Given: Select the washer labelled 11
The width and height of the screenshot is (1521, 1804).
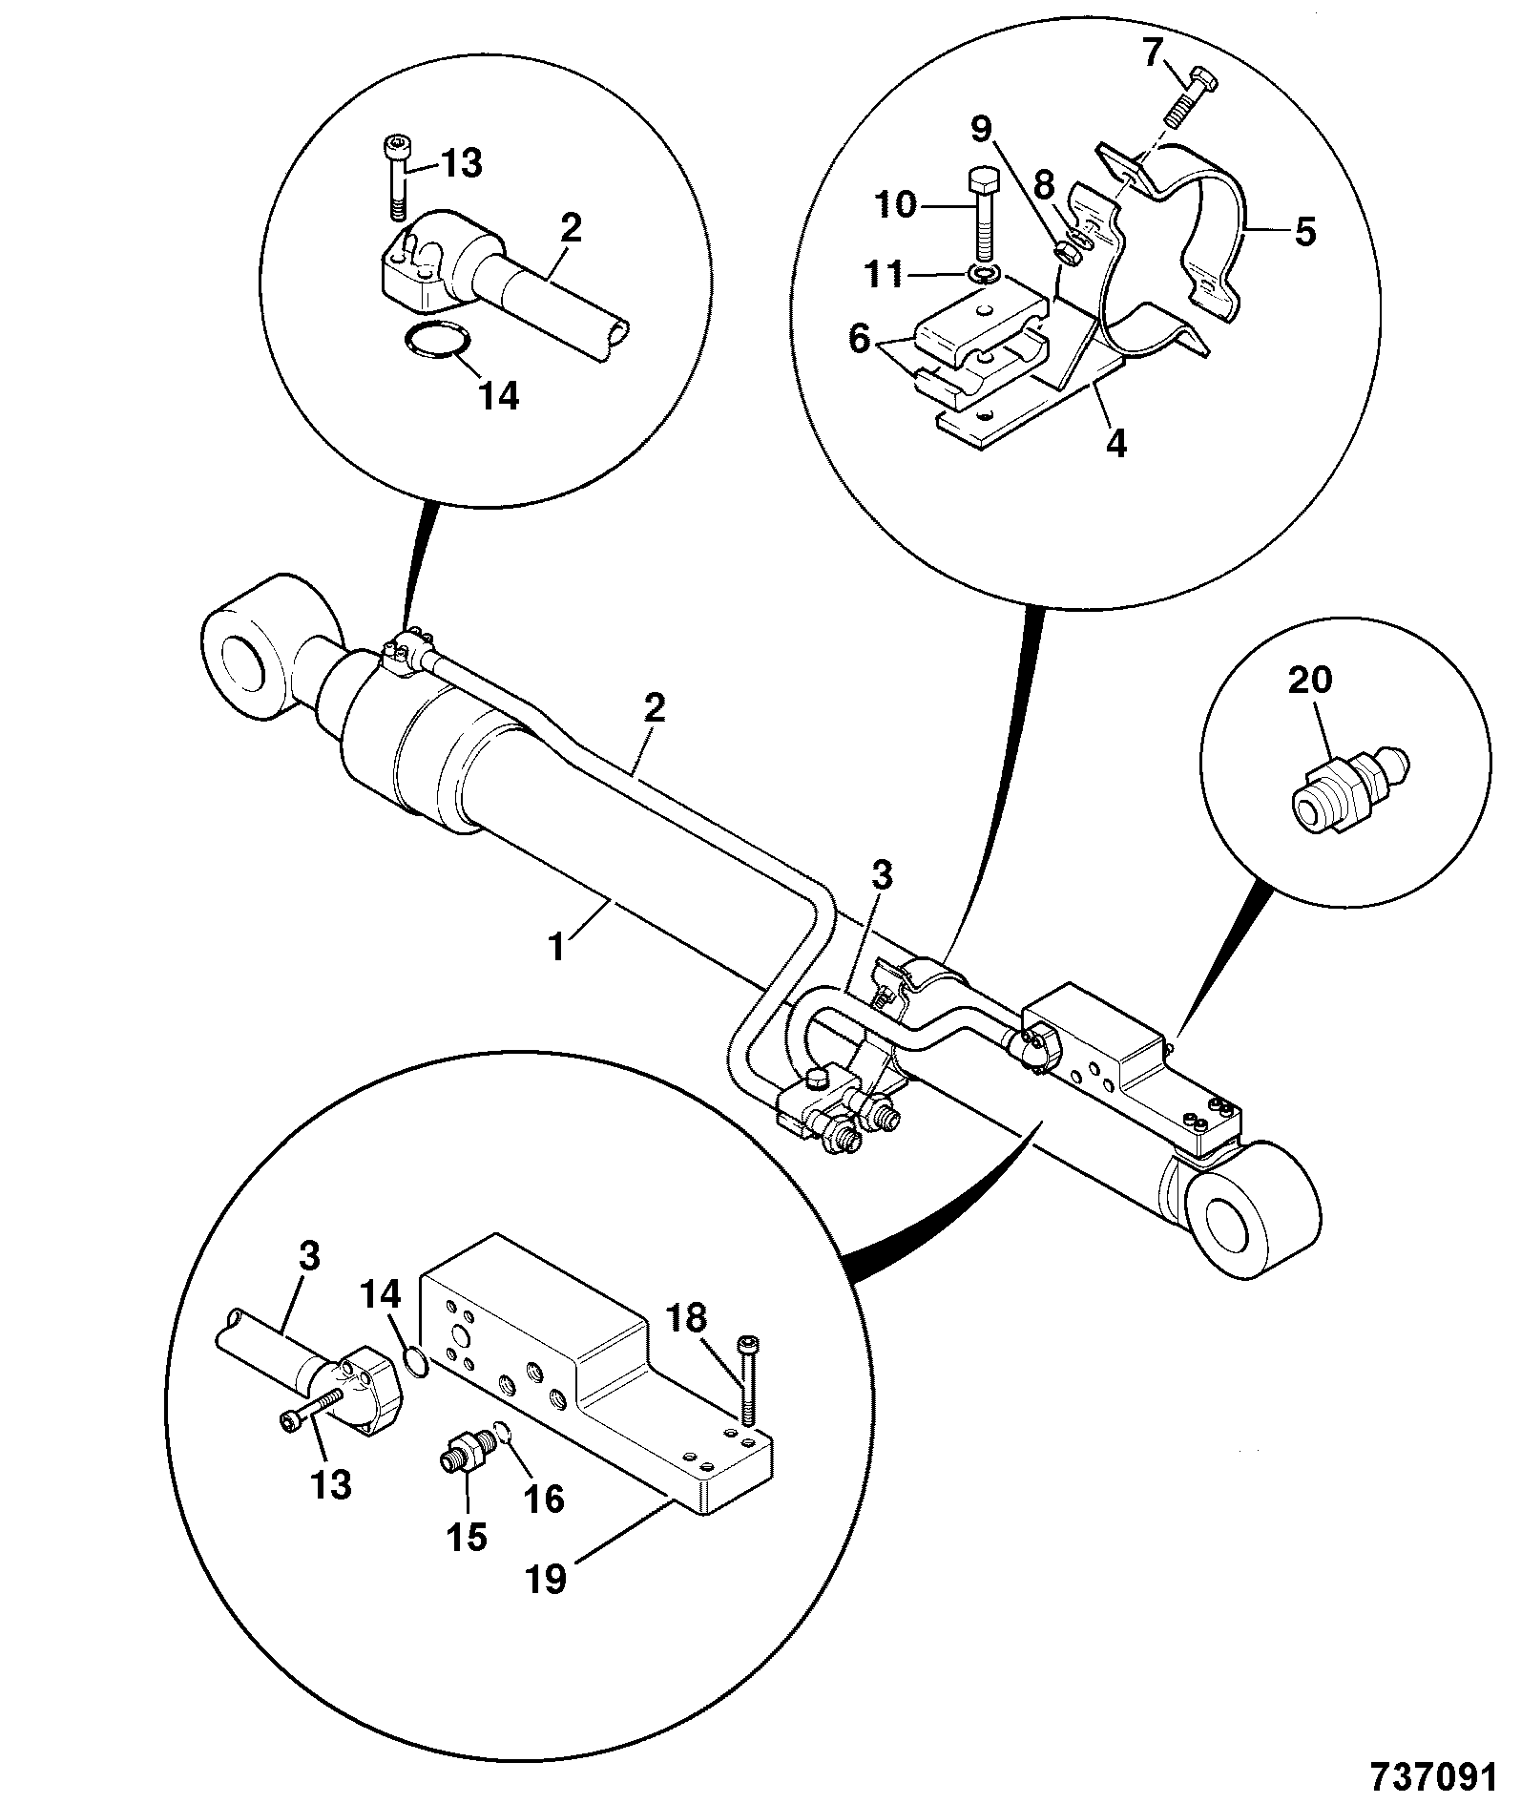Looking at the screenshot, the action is click(x=984, y=274).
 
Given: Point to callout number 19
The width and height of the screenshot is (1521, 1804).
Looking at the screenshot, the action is click(x=549, y=1578).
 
